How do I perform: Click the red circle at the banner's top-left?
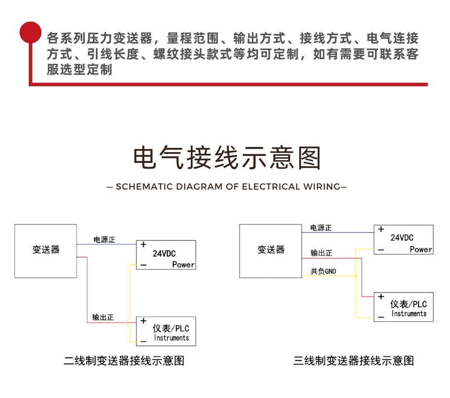pos(30,32)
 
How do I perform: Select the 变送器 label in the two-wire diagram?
pos(46,249)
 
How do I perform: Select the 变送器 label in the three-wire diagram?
pos(271,249)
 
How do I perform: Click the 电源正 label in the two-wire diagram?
pos(104,240)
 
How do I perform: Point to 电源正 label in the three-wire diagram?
pos(321,228)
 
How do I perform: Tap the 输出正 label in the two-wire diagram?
pos(103,317)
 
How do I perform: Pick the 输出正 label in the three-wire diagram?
pos(321,253)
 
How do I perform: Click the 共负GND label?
pos(323,271)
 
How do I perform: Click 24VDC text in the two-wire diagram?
pos(164,254)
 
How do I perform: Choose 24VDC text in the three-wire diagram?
pos(402,238)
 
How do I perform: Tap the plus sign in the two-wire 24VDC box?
pos(143,245)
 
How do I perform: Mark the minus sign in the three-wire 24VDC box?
pos(381,250)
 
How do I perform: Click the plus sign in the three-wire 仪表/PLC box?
pos(381,296)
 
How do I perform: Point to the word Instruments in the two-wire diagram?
pos(171,338)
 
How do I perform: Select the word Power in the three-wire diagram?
pos(421,249)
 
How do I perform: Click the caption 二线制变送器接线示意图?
pos(124,360)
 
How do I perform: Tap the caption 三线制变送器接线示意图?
pos(354,360)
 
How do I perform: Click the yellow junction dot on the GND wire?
pos(355,276)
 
